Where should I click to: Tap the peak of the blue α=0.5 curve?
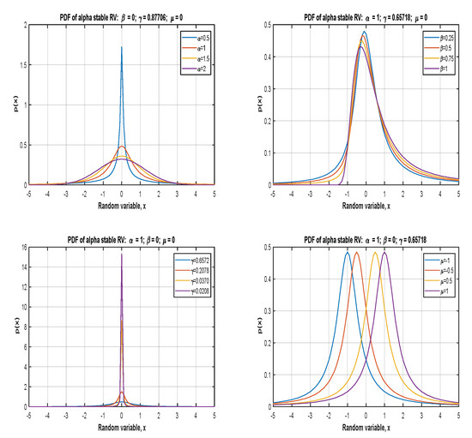click(x=122, y=48)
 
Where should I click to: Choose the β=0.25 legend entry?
click(x=438, y=38)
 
